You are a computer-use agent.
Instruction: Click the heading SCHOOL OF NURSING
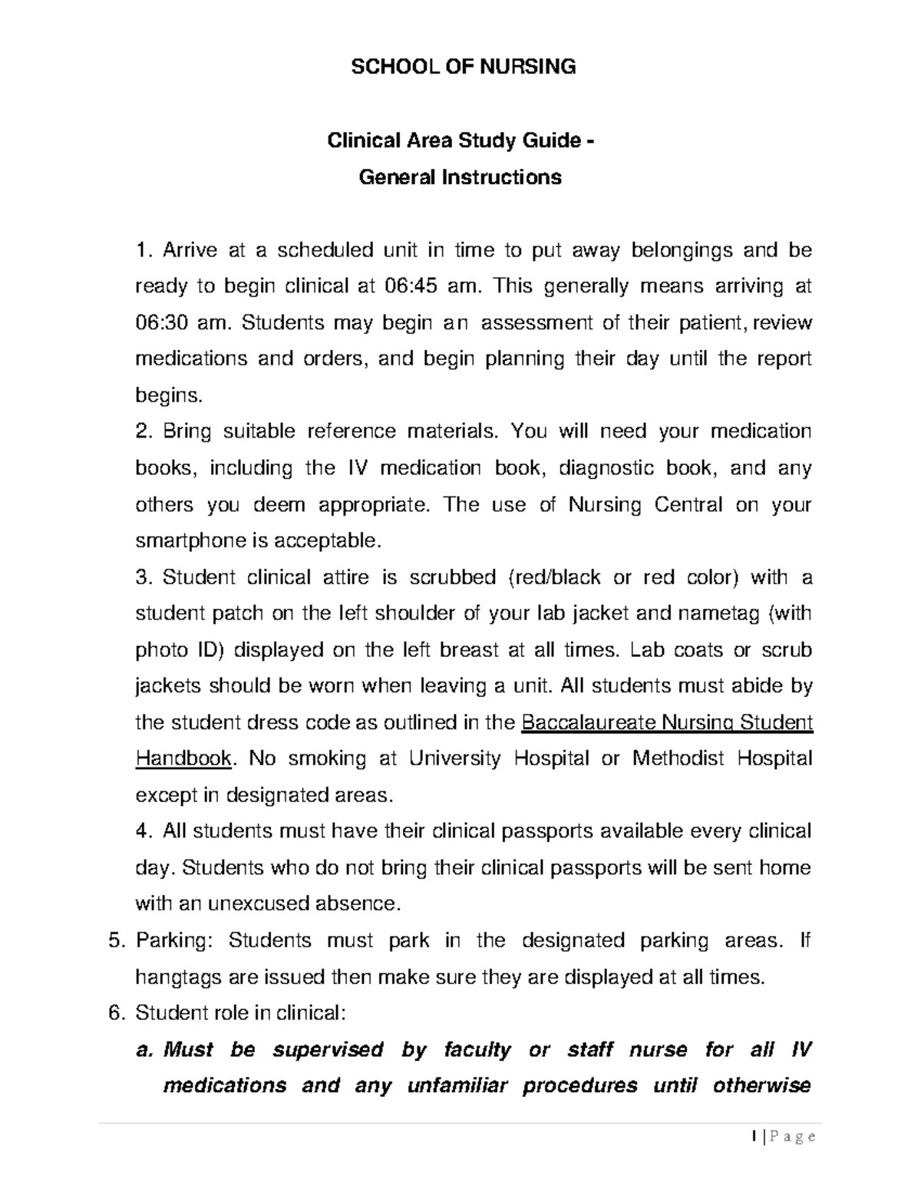click(463, 67)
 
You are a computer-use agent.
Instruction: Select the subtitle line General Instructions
click(460, 177)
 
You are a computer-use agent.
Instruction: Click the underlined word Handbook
click(183, 759)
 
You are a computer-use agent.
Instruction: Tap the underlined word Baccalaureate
click(588, 723)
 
